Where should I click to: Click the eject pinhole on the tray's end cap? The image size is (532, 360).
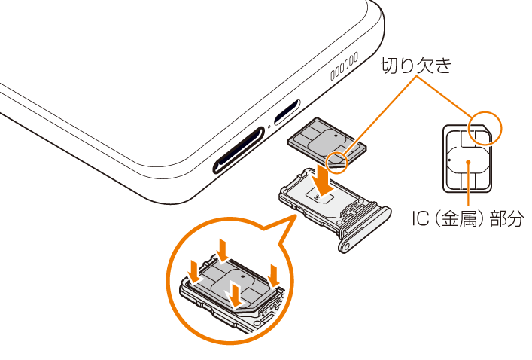[x=346, y=247]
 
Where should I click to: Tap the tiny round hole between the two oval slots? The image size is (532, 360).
[x=269, y=127]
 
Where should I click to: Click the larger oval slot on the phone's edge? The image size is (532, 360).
[x=239, y=150]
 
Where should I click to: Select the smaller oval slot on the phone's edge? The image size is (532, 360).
[x=287, y=112]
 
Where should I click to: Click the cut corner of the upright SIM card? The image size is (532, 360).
[x=487, y=128]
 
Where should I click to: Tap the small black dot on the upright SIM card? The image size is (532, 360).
[x=449, y=159]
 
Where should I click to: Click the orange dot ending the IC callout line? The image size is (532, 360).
[x=468, y=162]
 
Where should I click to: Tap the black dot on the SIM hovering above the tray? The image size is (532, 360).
[x=336, y=136]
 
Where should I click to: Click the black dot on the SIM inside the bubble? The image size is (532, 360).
[x=242, y=277]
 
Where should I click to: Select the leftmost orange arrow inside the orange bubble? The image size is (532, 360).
[x=195, y=271]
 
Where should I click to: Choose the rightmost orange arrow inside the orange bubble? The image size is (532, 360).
[x=273, y=276]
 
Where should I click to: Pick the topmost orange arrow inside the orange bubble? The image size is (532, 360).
[x=223, y=251]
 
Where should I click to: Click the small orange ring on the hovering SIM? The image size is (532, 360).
[x=337, y=163]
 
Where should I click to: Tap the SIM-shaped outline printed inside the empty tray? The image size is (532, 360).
[x=320, y=195]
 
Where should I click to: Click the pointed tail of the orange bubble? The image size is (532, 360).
[x=294, y=216]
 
